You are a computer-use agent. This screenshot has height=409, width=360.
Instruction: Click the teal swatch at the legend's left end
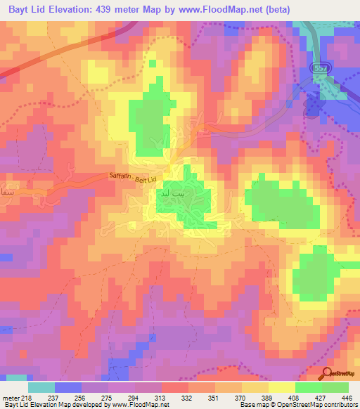point(41,387)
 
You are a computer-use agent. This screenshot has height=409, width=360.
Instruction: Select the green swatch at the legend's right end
point(335,387)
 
